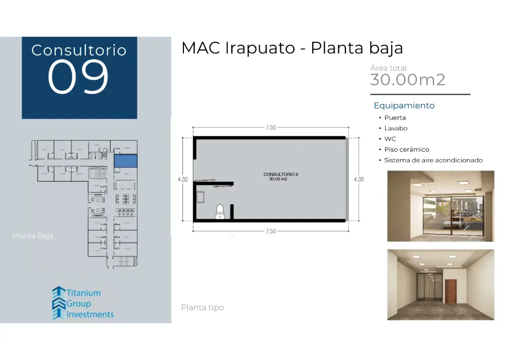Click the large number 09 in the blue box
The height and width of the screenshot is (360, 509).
78,77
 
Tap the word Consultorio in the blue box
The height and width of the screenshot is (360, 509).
79,50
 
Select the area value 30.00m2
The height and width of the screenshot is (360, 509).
408,80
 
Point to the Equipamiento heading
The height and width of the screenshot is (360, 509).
404,105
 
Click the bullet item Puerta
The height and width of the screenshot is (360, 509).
395,118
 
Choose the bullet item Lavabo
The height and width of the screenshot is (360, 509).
396,128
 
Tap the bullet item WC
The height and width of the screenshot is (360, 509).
390,139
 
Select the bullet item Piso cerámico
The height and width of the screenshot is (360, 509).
407,150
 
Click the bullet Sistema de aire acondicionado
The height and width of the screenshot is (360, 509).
433,160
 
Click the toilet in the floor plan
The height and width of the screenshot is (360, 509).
220,212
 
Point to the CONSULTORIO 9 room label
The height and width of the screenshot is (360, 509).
281,175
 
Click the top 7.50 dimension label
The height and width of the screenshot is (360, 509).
270,128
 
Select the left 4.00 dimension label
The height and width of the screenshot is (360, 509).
182,180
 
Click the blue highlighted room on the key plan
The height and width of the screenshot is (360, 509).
125,161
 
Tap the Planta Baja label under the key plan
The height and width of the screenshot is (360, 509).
33,236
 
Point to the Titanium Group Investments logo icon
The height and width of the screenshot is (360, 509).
59,303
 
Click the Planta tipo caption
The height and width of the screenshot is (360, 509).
202,308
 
